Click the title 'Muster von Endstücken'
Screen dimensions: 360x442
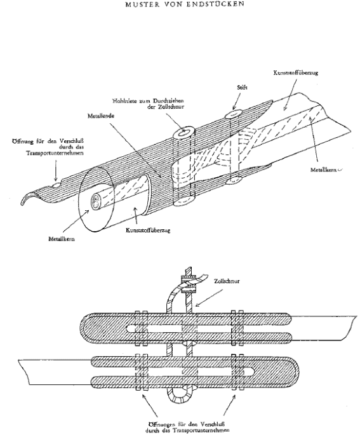185,4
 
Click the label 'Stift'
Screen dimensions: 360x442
242,88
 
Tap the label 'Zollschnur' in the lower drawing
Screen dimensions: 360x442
227,281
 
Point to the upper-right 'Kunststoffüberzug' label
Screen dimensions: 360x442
295,73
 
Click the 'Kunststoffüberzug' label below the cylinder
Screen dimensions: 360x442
148,230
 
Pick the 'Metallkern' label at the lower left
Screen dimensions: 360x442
62,239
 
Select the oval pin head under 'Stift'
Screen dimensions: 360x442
233,114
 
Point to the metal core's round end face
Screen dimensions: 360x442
97,202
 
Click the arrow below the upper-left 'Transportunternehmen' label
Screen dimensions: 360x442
56,171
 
